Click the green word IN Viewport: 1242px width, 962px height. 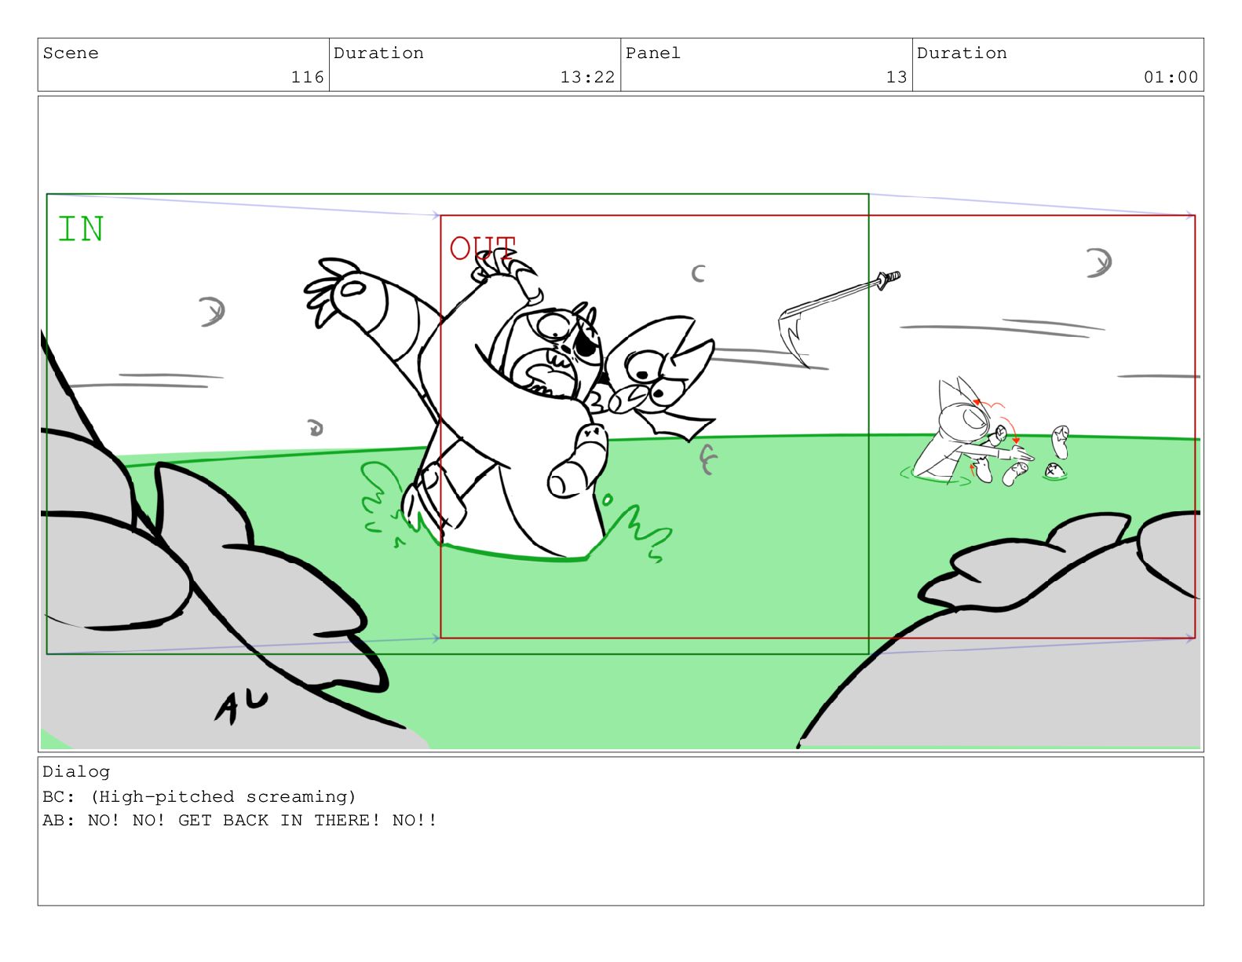coord(81,229)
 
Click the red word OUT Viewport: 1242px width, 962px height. coord(482,247)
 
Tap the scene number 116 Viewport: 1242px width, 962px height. coord(307,77)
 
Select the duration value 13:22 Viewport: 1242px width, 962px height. coord(587,77)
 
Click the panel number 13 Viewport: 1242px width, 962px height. coord(896,77)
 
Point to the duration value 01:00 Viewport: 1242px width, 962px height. coord(1170,77)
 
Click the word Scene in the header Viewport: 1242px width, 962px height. coord(71,53)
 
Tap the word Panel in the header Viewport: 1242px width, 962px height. coord(652,53)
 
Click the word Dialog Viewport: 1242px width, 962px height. coord(76,771)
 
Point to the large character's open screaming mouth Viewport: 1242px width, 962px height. coord(543,377)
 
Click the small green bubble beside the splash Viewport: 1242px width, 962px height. coord(607,499)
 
